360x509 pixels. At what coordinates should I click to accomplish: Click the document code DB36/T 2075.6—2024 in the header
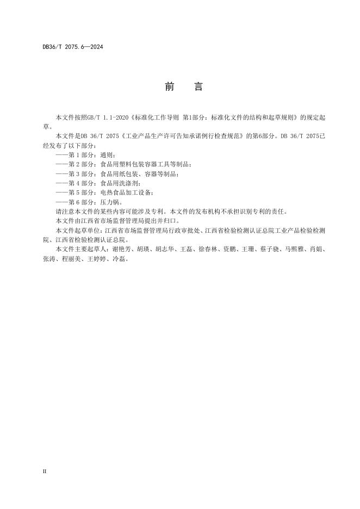point(73,47)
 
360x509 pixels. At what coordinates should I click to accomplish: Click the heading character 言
point(198,88)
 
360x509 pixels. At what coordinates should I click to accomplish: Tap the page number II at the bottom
point(45,471)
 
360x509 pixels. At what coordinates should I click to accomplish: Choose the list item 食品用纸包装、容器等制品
point(117,174)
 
